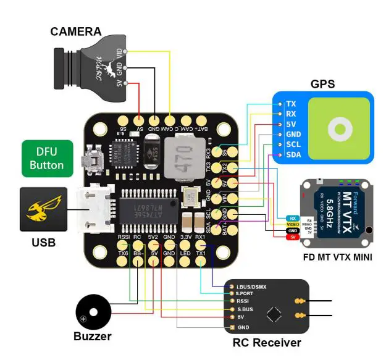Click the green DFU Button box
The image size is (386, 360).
47,158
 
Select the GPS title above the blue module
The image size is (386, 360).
322,84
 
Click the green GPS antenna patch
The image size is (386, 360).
338,128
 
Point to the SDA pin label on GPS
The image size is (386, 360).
293,154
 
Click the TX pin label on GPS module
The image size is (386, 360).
291,104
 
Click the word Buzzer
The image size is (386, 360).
93,337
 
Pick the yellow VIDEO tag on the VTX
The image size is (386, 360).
293,224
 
